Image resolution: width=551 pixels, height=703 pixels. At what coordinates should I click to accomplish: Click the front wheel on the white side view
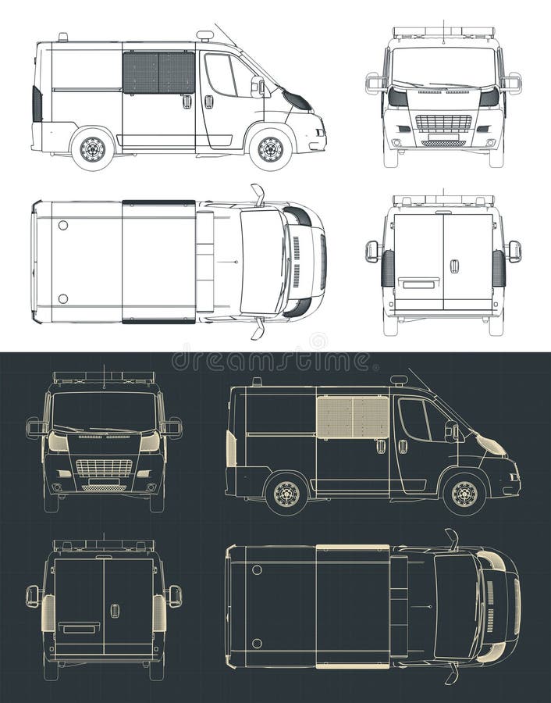270,148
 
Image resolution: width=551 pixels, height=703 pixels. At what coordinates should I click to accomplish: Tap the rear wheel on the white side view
93,148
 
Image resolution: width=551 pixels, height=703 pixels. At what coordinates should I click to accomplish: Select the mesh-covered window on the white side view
158,73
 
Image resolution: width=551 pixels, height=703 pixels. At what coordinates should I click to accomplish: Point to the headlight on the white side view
297,101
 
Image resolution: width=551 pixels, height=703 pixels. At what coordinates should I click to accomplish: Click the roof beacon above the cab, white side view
204,36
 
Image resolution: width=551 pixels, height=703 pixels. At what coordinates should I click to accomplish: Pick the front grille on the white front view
443,123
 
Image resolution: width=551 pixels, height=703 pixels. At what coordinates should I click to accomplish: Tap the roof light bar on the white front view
443,33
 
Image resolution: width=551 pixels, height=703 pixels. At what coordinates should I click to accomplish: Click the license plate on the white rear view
418,284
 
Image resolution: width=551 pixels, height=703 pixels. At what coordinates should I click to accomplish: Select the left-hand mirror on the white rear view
371,251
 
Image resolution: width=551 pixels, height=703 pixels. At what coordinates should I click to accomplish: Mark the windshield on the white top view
261,261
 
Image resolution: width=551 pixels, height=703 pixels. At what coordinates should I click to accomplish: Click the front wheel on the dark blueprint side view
464,494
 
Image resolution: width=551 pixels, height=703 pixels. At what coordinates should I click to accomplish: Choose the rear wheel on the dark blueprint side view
286,494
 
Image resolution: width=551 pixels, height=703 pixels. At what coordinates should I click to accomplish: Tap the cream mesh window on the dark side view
353,417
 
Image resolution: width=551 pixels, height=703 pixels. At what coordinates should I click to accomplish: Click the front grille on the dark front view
104,468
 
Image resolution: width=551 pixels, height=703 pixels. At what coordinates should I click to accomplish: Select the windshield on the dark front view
104,411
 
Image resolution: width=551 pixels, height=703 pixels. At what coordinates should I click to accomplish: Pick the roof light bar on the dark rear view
104,544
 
